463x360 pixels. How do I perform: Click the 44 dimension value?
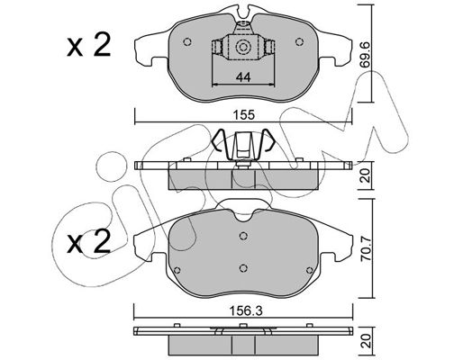(x=243, y=77)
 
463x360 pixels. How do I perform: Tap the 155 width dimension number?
(x=245, y=115)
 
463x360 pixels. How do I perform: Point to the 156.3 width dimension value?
(x=246, y=310)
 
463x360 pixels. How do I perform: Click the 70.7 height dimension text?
(x=367, y=249)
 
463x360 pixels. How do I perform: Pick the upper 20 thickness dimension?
(x=366, y=175)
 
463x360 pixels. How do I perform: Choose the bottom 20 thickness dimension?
(x=366, y=341)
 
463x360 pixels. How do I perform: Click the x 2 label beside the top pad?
(x=89, y=45)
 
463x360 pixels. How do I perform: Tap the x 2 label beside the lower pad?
(x=89, y=242)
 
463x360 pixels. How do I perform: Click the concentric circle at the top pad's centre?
(x=242, y=47)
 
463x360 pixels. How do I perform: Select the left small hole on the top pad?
(x=187, y=41)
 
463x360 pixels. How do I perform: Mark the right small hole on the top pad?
(x=299, y=41)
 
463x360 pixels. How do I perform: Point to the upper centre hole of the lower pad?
(x=243, y=236)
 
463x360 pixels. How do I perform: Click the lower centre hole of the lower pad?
(x=243, y=267)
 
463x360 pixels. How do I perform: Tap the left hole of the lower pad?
(x=177, y=270)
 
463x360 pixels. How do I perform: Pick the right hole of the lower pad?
(x=309, y=270)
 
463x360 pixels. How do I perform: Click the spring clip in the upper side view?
(x=243, y=147)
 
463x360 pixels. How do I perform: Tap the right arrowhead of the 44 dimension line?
(x=272, y=85)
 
